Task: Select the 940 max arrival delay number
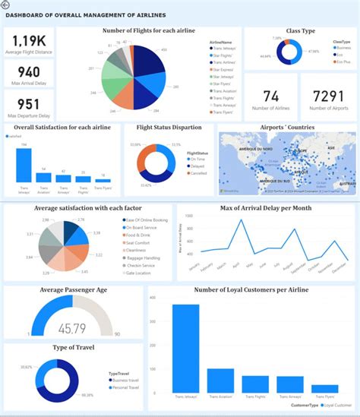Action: coord(28,73)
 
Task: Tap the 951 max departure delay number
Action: coord(28,104)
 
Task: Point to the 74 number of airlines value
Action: coord(271,96)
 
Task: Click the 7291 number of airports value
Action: coord(327,96)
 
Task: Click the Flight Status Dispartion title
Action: coord(168,128)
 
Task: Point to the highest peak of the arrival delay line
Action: coord(242,220)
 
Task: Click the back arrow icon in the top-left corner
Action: coord(6,5)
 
